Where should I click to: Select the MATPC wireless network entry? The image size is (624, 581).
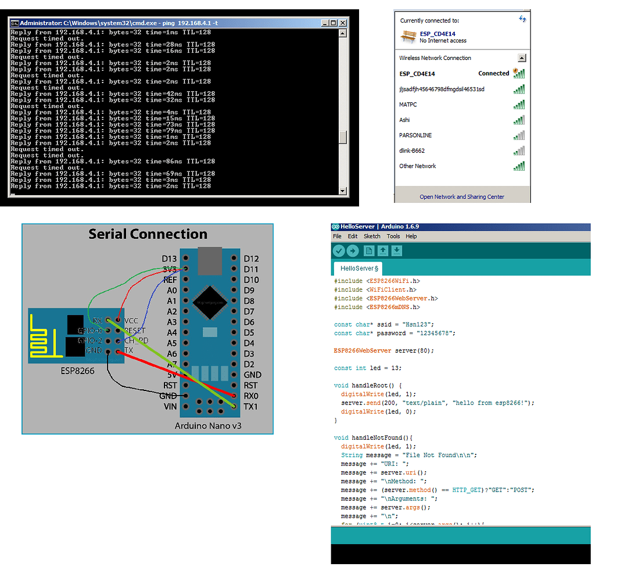point(408,105)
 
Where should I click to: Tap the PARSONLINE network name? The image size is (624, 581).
point(415,135)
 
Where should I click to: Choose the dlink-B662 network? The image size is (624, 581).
point(412,150)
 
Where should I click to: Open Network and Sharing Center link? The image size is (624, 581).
point(462,197)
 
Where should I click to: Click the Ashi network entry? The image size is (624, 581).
point(404,120)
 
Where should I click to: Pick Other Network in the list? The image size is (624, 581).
point(417,166)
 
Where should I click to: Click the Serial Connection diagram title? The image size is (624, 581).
point(148,234)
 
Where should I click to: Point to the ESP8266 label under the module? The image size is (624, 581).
point(77,370)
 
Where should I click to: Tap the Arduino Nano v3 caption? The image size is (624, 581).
point(207,426)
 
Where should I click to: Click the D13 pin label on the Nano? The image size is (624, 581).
point(169,259)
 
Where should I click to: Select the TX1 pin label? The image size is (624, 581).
point(251,407)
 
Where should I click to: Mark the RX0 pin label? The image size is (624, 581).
point(251,396)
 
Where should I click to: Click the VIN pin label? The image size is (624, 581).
point(170,407)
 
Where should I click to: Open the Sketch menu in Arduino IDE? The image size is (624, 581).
point(372,236)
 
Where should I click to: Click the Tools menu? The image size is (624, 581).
point(393,236)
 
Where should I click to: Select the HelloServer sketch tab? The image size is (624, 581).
point(359,268)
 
